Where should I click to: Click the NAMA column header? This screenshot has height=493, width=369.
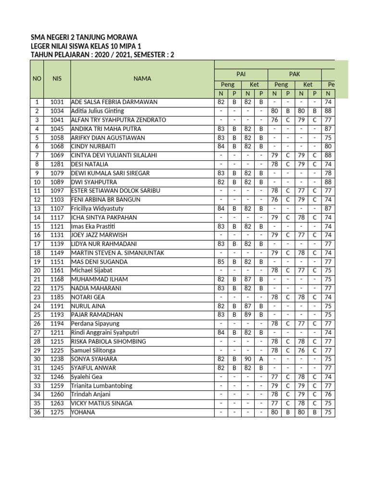tap(143, 78)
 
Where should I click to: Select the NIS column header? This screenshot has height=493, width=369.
tap(57, 78)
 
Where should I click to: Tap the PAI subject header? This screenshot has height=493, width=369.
tap(241, 74)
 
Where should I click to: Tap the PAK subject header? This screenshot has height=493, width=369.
tap(294, 74)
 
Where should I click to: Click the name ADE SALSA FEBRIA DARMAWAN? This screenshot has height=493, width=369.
tap(114, 102)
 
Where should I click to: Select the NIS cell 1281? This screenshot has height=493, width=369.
tap(57, 164)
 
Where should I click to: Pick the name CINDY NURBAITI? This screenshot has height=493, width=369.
tap(94, 146)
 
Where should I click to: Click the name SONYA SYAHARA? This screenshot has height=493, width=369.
tap(94, 359)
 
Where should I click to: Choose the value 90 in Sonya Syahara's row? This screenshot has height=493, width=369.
tap(247, 359)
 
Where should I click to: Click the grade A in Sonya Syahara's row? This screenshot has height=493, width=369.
tap(261, 359)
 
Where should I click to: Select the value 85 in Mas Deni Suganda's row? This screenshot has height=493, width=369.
tap(221, 262)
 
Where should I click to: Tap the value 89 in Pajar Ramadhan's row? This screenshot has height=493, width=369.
tap(247, 315)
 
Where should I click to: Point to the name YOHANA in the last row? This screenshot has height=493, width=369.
tap(83, 413)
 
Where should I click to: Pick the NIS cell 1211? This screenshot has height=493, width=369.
tap(57, 333)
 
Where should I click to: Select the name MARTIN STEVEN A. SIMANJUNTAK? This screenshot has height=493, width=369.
tap(118, 253)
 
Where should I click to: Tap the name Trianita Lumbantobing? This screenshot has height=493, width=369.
tap(101, 386)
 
